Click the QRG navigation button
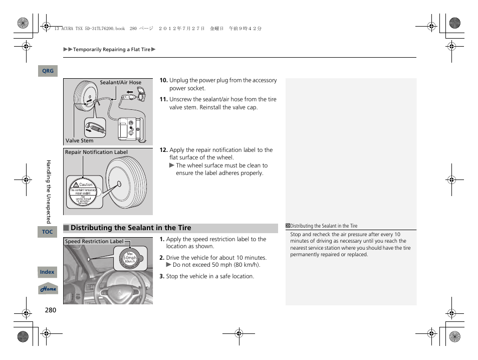click(x=48, y=71)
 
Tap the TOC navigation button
click(x=47, y=232)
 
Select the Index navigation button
click(x=47, y=272)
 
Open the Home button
click(x=49, y=289)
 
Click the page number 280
click(x=50, y=310)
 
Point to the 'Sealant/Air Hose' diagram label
click(x=120, y=83)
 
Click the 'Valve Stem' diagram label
click(x=79, y=141)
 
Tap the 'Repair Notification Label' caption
click(x=96, y=152)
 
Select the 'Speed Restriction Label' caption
click(x=94, y=242)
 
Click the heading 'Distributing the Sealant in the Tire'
click(x=131, y=228)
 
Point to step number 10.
click(x=163, y=80)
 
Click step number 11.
click(x=163, y=99)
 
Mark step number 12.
click(x=163, y=150)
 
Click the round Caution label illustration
click(x=83, y=193)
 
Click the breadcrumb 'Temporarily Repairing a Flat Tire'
click(x=111, y=50)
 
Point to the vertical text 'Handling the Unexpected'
click(x=49, y=192)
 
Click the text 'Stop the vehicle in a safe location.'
click(x=210, y=276)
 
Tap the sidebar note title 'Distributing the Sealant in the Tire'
click(x=324, y=226)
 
